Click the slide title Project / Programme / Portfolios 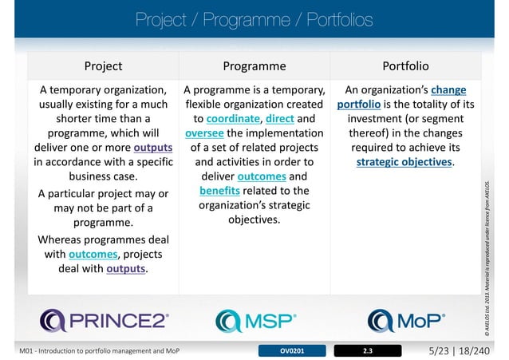pos(254,18)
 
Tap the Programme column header pos(254,65)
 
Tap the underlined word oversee pos(204,133)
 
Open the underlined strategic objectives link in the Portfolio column pos(404,162)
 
